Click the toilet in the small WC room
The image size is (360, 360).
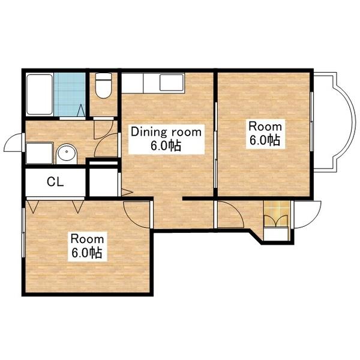tap(103, 85)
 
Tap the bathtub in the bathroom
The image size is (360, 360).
tap(40, 94)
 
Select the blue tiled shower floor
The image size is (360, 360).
tap(70, 95)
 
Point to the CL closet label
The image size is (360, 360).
tap(55, 182)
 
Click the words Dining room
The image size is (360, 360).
tap(166, 132)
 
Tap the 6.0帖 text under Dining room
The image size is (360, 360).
tap(166, 146)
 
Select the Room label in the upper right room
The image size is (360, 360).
tap(265, 127)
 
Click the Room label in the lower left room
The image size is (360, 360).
tap(87, 239)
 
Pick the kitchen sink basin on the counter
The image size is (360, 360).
tap(172, 83)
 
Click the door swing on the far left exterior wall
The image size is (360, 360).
tap(13, 143)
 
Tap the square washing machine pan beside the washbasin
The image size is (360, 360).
tap(40, 153)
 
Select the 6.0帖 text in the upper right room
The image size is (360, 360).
tap(265, 140)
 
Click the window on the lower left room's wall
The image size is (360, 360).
tap(23, 233)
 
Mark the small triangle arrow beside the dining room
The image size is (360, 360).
tap(127, 192)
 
